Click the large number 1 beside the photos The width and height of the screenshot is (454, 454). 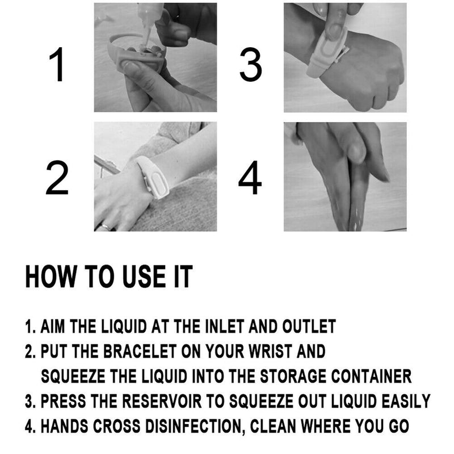(x=58, y=66)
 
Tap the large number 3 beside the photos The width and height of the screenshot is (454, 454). (x=250, y=66)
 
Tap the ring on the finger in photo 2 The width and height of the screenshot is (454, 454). (x=105, y=226)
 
